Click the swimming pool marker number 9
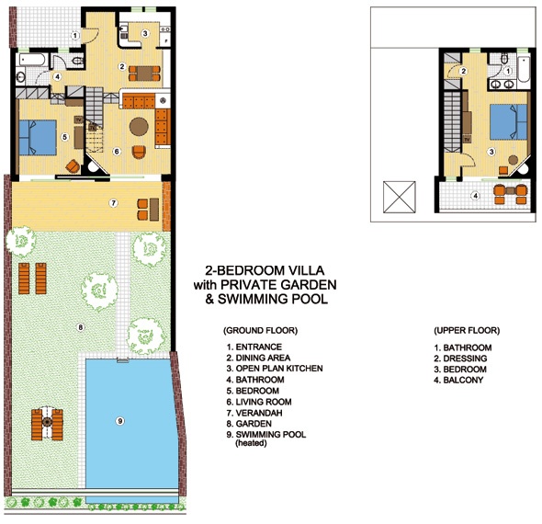(120, 421)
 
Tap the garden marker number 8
(80, 327)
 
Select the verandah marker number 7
(113, 203)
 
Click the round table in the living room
(139, 127)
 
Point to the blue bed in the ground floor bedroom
(38, 137)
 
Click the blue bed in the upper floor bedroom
(509, 121)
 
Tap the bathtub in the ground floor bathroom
(32, 60)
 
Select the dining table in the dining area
(144, 74)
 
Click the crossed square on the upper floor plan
(400, 197)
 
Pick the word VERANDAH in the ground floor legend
(259, 413)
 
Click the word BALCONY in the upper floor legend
(463, 380)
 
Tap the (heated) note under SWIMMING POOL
(251, 443)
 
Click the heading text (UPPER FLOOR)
(467, 330)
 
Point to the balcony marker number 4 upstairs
(476, 196)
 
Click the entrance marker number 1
(75, 35)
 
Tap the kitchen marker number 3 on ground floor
(145, 33)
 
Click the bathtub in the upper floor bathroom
(524, 68)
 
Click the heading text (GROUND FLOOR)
(260, 330)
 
